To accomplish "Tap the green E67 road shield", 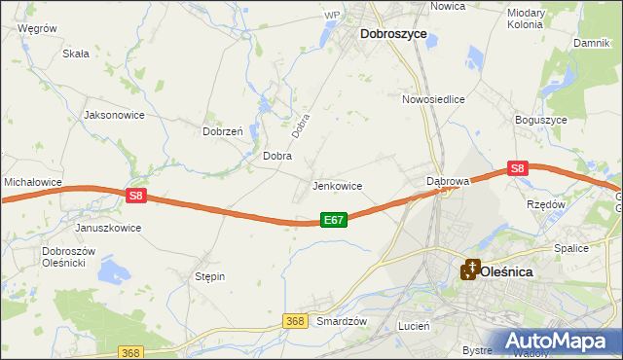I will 333,221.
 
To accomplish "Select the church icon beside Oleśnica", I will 470,269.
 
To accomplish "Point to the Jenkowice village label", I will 337,186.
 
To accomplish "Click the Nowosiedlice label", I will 433,99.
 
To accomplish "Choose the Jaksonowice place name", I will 115,115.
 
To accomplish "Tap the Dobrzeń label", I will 222,131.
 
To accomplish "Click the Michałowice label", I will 33,182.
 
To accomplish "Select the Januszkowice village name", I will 108,228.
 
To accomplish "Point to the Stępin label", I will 210,276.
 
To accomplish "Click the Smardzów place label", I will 342,321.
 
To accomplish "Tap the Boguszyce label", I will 540,120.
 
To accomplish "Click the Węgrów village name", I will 37,29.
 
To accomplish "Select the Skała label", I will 76,54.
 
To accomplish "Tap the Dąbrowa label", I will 449,181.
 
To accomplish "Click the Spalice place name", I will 571,248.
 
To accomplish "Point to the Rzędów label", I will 546,205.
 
